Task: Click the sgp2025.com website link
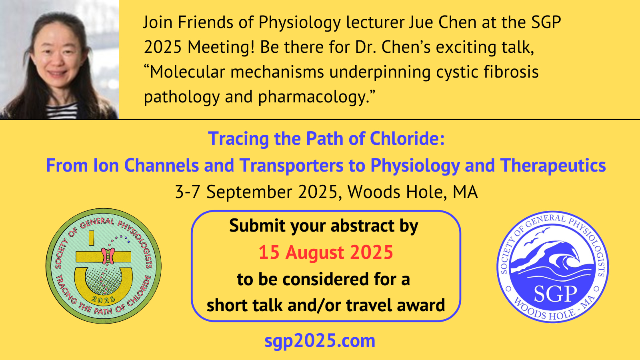(x=320, y=341)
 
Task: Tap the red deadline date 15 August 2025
(x=326, y=252)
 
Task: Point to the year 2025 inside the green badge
(x=103, y=300)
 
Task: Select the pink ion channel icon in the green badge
(x=108, y=256)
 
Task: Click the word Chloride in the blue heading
(x=407, y=139)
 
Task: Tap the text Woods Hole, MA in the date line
(x=412, y=192)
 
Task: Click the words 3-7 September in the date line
(x=234, y=192)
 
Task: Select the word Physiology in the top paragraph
(x=300, y=23)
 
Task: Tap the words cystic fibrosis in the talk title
(x=488, y=72)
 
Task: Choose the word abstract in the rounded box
(x=362, y=226)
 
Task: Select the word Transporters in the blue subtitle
(x=292, y=166)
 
